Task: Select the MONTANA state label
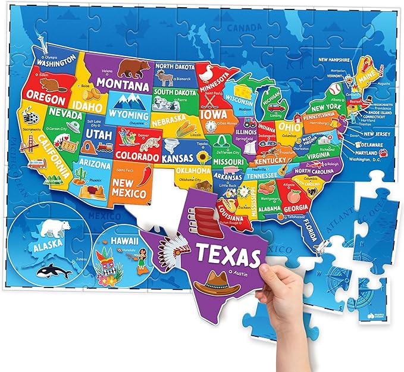122,85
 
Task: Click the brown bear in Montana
134,67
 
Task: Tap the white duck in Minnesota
206,73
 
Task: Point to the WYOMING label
129,114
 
